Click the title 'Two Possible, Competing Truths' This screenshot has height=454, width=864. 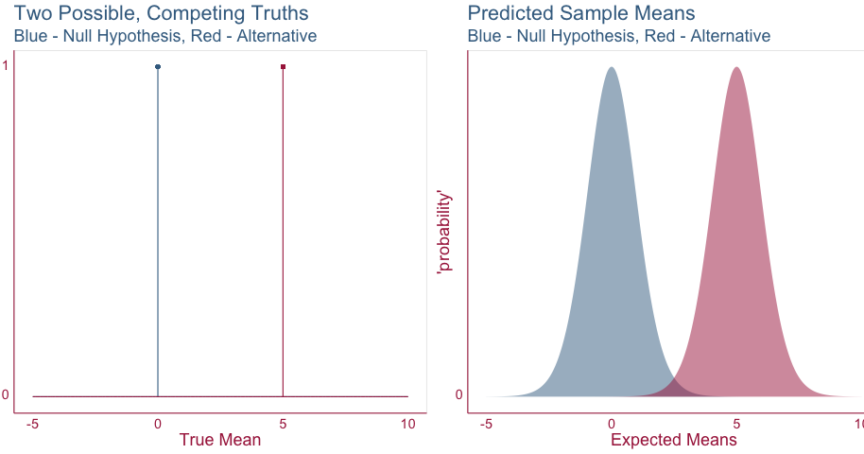[161, 14]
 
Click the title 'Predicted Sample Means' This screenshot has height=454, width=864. [581, 14]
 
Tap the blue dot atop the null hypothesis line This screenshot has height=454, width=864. [158, 66]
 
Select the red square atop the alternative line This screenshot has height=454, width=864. [284, 66]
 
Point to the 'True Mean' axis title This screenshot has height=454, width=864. [220, 440]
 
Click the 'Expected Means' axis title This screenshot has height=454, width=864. [674, 440]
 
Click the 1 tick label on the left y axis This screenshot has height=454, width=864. [6, 66]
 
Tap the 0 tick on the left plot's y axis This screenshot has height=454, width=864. [6, 395]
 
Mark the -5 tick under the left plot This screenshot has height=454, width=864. [33, 424]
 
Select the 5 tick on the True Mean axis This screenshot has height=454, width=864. [284, 424]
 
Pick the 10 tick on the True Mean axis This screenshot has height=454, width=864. [407, 424]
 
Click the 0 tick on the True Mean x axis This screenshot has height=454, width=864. [158, 424]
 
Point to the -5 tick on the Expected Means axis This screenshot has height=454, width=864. [486, 424]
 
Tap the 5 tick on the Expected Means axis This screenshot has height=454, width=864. [736, 424]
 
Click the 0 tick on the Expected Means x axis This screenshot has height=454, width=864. [612, 424]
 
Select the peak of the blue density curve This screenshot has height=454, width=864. [612, 69]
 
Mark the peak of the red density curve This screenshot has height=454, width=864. [736, 69]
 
